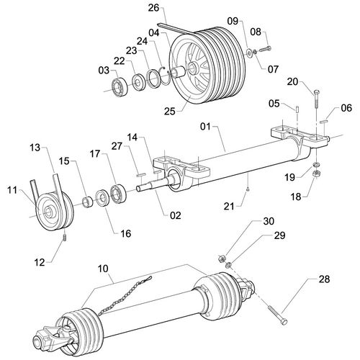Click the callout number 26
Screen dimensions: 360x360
152,8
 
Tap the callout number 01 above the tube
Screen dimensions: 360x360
204,127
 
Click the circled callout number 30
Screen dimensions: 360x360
248,221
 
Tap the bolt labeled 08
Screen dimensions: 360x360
263,48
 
